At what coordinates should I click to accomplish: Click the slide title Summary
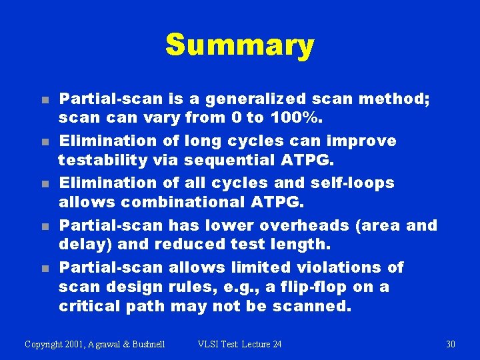click(x=239, y=45)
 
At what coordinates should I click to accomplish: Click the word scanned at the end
click(x=318, y=307)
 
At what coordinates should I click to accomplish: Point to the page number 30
click(x=450, y=344)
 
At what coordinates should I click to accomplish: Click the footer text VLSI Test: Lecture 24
click(x=240, y=344)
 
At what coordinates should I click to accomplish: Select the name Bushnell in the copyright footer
click(x=144, y=344)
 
